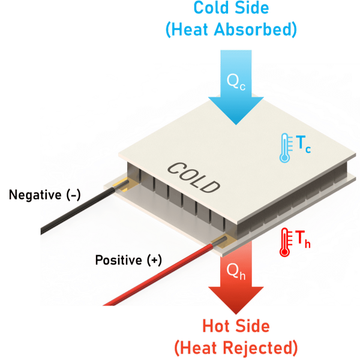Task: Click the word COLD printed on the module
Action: [x=193, y=178]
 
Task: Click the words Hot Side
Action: [x=235, y=326]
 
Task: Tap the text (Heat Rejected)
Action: [x=236, y=347]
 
